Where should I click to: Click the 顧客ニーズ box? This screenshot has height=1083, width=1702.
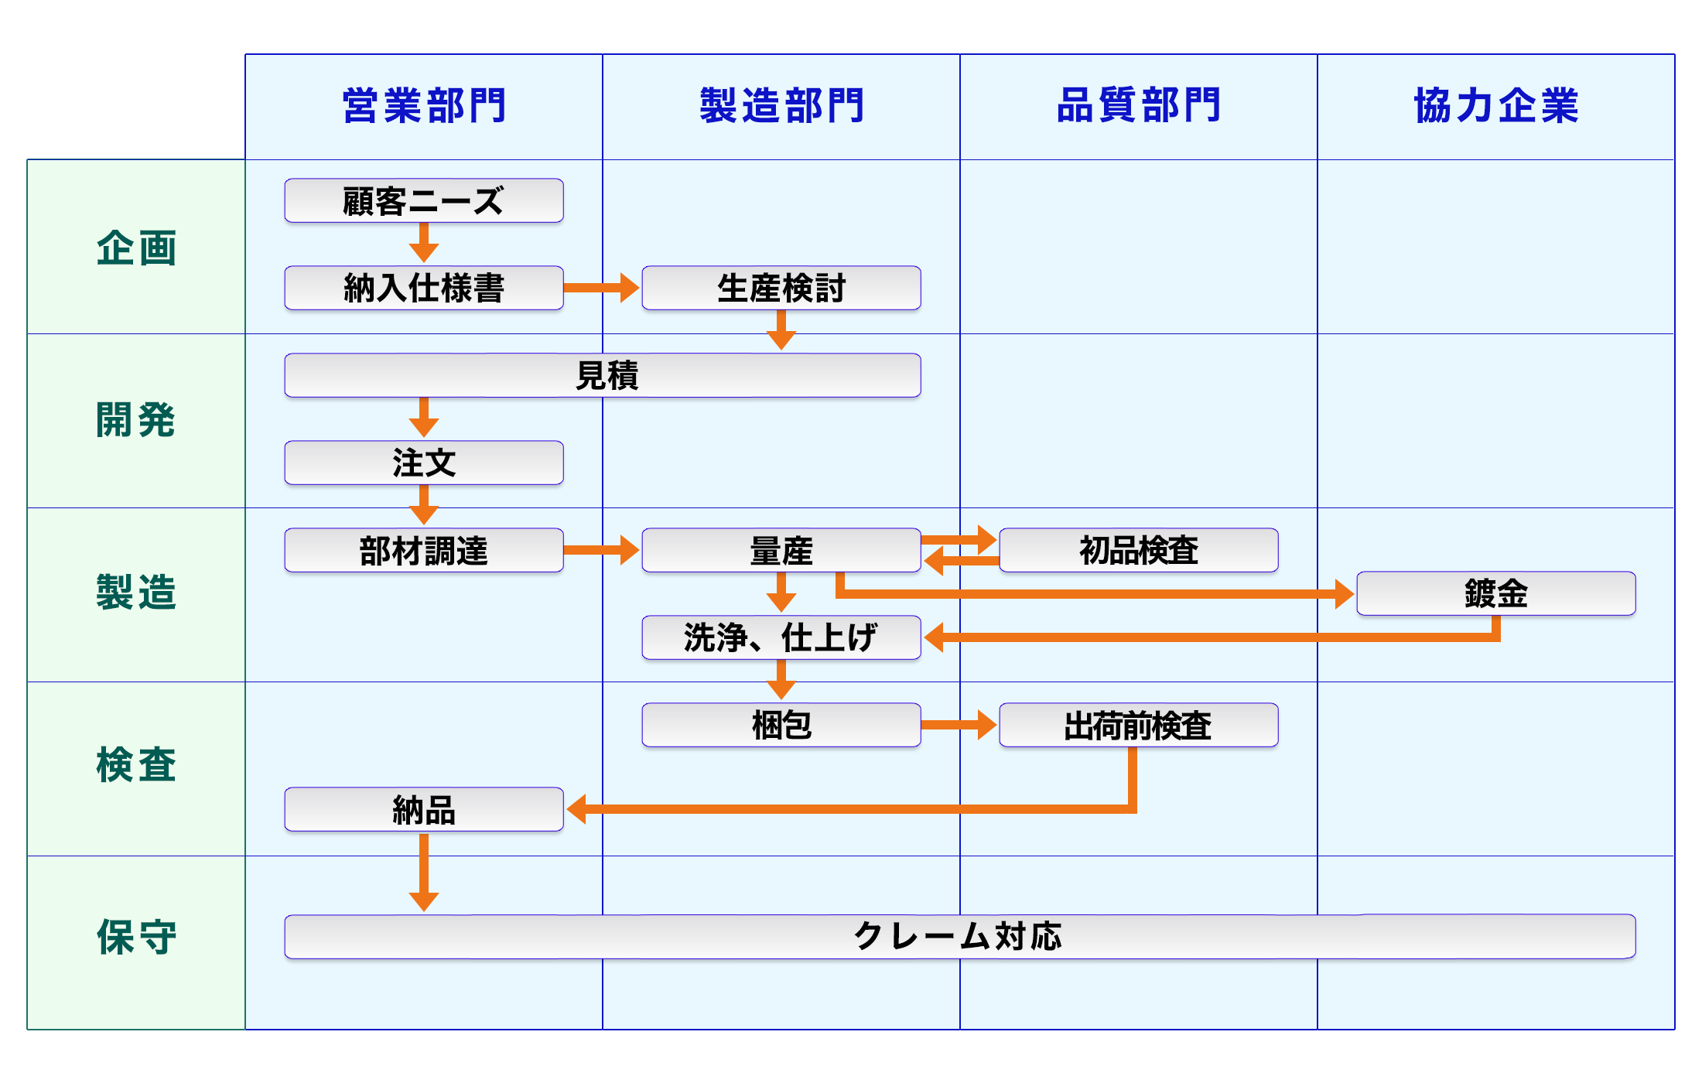424,201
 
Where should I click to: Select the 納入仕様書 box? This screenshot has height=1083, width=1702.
424,289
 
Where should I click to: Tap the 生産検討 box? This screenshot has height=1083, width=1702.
781,289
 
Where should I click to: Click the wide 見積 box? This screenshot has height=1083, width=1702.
603,376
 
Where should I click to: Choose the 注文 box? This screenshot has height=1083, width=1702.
424,463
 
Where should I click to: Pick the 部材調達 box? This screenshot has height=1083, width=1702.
424,551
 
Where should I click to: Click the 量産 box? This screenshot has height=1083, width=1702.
781,551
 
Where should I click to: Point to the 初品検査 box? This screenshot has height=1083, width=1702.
1139,551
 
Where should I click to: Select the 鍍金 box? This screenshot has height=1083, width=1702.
1496,594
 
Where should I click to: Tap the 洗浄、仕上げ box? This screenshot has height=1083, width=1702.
781,638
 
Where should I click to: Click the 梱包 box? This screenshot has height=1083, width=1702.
781,726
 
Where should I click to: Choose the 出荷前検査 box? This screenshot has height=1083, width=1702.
1139,726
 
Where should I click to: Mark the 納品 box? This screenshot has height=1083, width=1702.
424,810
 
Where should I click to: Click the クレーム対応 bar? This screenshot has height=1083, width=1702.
959,937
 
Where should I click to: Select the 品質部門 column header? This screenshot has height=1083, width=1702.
1139,106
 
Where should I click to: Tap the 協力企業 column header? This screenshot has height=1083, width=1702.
1496,106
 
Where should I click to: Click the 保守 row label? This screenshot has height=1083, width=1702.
136,938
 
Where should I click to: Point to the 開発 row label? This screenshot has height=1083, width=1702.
136,420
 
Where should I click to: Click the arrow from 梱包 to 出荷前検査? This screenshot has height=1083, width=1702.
959,726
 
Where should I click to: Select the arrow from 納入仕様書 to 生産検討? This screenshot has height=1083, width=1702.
602,288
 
